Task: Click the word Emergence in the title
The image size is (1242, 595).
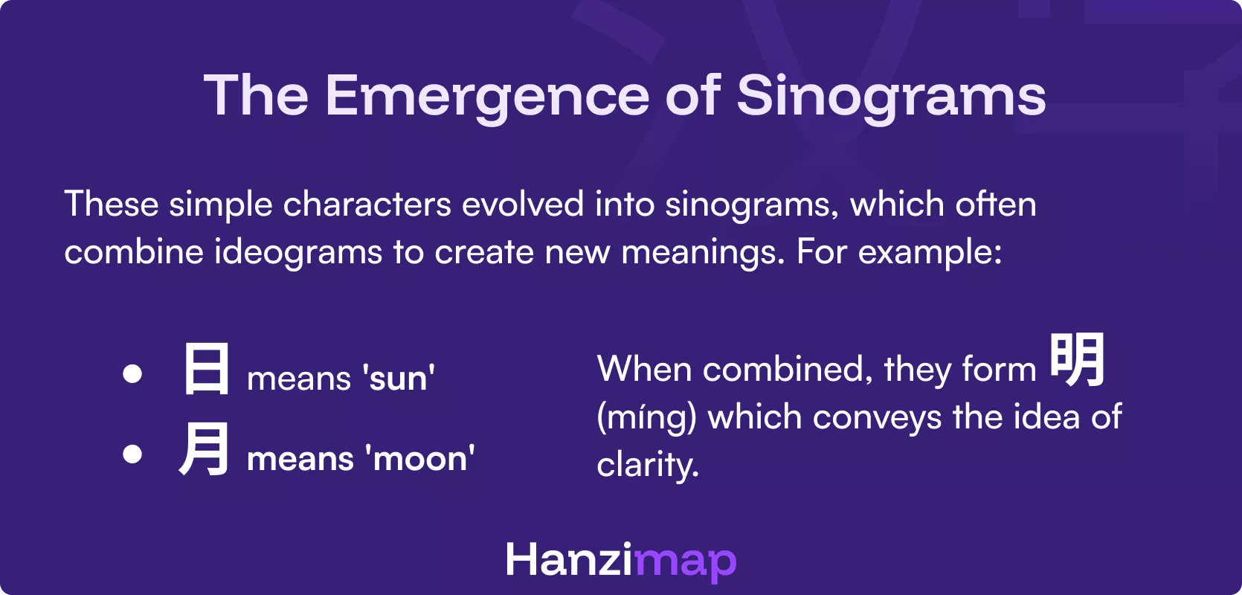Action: [486, 97]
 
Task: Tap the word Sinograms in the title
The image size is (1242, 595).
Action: [891, 97]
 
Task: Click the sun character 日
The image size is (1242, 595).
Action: [206, 369]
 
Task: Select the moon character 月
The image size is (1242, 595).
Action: [204, 448]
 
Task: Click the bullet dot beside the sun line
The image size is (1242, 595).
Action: [132, 373]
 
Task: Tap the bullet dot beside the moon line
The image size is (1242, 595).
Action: [132, 453]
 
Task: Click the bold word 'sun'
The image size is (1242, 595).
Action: [399, 379]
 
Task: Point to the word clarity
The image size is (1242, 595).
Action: [647, 466]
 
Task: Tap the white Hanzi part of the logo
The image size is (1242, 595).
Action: [569, 560]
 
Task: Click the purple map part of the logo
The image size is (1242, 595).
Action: [685, 562]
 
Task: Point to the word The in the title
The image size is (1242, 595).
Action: [256, 97]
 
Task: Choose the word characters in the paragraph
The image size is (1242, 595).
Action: [367, 205]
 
